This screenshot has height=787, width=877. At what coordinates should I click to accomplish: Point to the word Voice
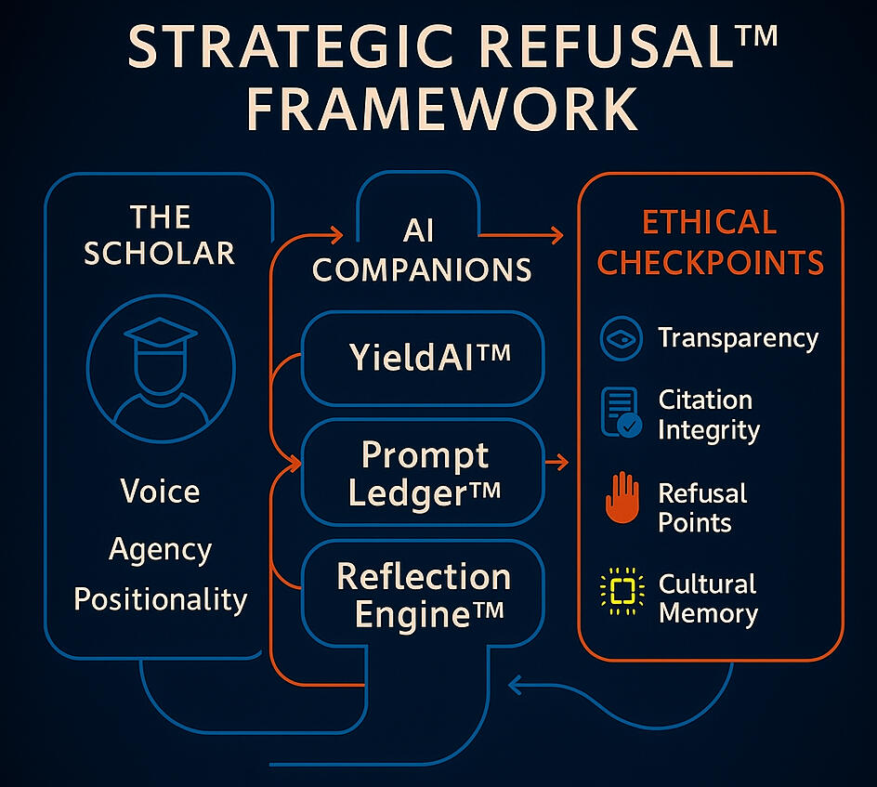pyautogui.click(x=160, y=491)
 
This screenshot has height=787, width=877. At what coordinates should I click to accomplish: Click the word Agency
pyautogui.click(x=160, y=549)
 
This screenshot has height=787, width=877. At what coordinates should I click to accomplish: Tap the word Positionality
pyautogui.click(x=160, y=598)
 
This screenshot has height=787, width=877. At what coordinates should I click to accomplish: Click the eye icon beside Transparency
pyautogui.click(x=619, y=339)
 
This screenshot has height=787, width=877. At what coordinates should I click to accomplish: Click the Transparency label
pyautogui.click(x=738, y=338)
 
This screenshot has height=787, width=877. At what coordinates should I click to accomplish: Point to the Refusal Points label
pyautogui.click(x=702, y=507)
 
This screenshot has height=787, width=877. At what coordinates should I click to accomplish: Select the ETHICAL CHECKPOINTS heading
pyautogui.click(x=711, y=242)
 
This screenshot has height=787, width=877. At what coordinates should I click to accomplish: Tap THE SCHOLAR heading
pyautogui.click(x=160, y=234)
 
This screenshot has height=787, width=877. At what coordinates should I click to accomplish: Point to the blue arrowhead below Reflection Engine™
pyautogui.click(x=514, y=687)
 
